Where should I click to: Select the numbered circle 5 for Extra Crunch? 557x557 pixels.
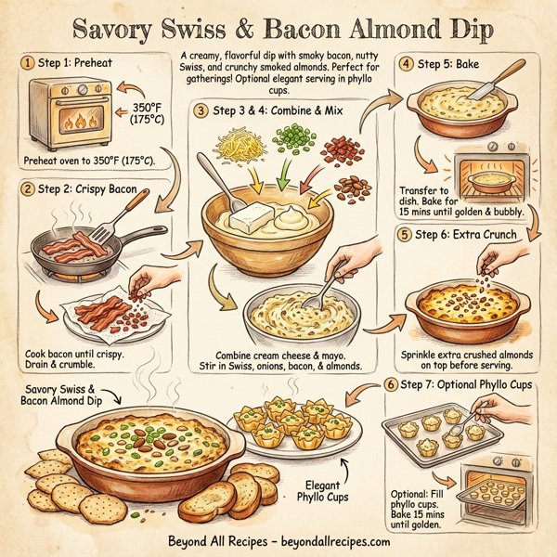(x=405, y=235)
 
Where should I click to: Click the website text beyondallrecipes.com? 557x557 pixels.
(x=313, y=539)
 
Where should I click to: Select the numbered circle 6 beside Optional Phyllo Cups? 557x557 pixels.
(x=391, y=384)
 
